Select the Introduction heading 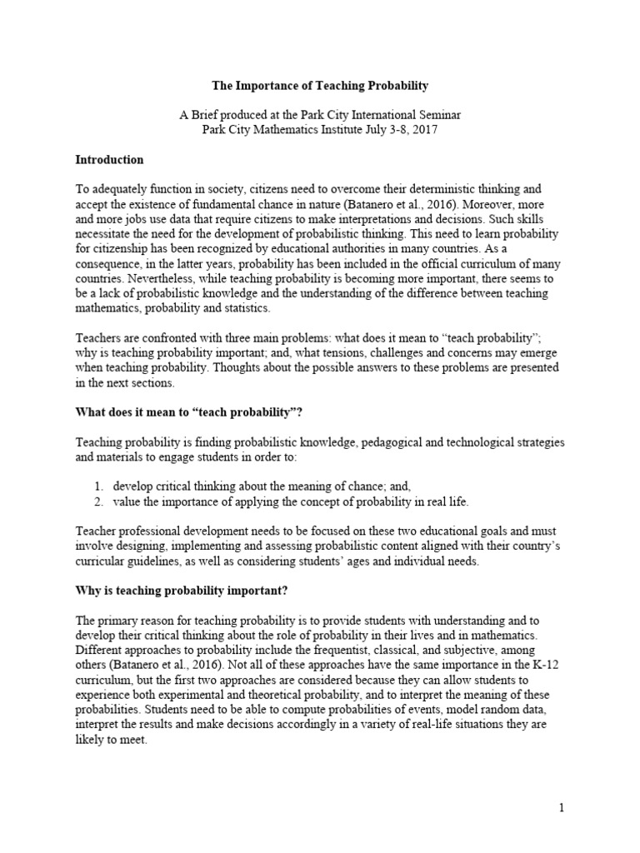(x=110, y=159)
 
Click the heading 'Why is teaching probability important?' (x=177, y=591)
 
